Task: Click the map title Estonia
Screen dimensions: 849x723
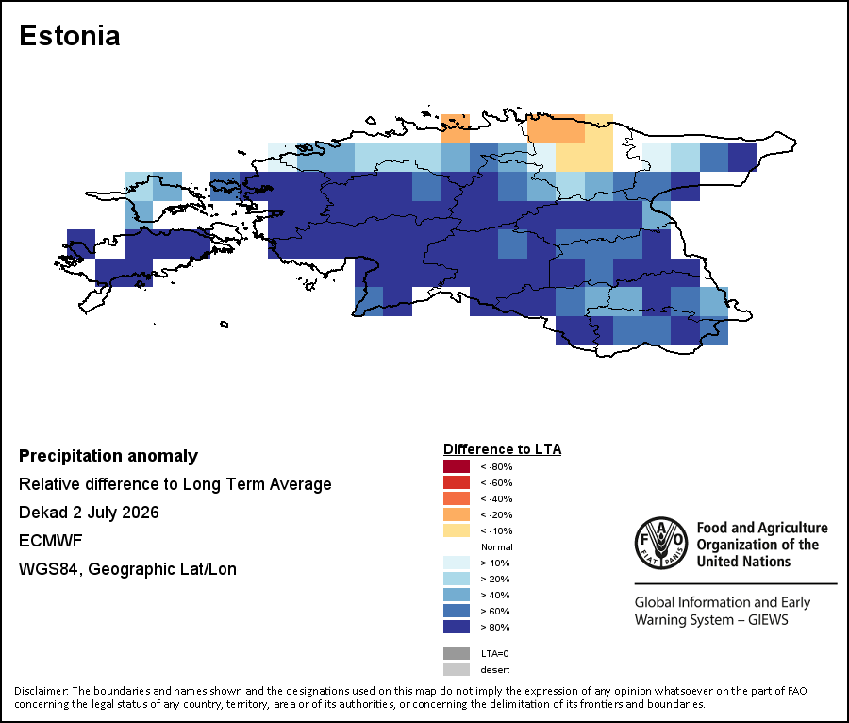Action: [69, 36]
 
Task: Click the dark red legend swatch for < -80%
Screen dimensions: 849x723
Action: [457, 466]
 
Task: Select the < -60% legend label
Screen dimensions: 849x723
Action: [496, 482]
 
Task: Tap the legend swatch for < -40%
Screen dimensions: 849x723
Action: [457, 498]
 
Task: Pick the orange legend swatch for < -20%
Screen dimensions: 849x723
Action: [457, 514]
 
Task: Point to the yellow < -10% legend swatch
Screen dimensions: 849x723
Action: [457, 530]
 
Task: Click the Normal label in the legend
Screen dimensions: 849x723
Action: [496, 547]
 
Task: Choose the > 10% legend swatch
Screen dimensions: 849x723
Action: [457, 563]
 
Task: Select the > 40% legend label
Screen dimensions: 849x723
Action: [495, 596]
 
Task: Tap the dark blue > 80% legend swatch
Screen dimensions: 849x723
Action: [457, 627]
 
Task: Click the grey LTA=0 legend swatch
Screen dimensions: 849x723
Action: [457, 653]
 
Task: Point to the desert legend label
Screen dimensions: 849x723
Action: [495, 670]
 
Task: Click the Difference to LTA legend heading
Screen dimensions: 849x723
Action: [503, 449]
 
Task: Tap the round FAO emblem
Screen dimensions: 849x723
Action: [661, 544]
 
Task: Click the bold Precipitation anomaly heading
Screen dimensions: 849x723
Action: [108, 456]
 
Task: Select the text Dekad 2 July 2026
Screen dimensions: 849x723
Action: [89, 513]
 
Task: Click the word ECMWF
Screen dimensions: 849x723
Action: [50, 541]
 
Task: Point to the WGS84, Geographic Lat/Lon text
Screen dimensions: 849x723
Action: [127, 569]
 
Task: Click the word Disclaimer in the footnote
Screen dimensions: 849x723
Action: [41, 691]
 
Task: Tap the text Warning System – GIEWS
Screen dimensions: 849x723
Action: [711, 619]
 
